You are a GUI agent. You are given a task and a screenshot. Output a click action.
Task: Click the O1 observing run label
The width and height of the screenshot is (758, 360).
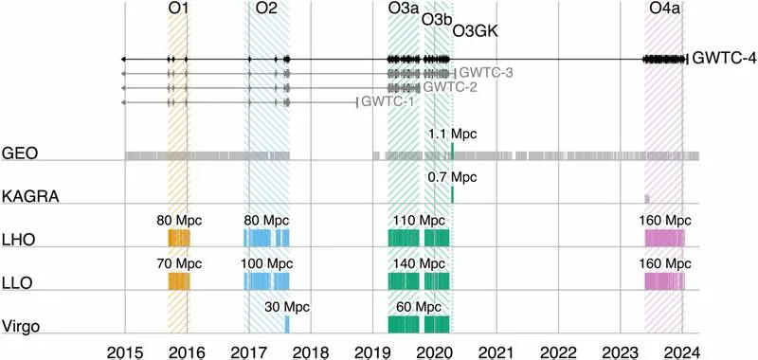pos(177,9)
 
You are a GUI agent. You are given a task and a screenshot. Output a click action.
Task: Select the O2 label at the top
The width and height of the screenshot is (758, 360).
pos(266,9)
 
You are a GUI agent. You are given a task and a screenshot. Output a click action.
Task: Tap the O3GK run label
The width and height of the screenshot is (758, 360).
pos(476,31)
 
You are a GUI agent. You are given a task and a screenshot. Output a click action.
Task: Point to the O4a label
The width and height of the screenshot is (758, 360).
pos(664,9)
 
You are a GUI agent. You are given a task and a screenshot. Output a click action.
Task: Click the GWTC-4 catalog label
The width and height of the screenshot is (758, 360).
pos(724,59)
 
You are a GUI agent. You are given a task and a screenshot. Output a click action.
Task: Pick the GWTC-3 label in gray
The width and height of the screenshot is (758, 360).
pos(486,73)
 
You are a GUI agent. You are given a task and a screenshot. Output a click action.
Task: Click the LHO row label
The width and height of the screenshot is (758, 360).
pos(19,241)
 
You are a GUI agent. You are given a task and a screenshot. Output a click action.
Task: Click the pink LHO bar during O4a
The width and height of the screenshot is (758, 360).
pos(664,238)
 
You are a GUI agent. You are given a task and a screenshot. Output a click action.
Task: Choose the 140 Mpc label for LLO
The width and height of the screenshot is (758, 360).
pos(417,262)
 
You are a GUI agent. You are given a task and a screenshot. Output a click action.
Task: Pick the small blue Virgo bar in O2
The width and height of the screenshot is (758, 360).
pos(287,324)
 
